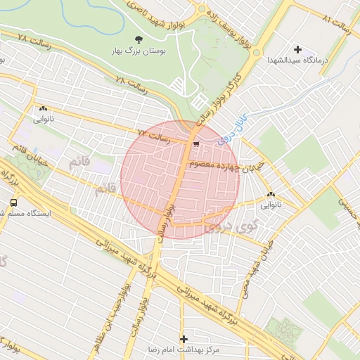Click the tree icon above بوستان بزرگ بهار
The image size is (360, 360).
click(x=137, y=39)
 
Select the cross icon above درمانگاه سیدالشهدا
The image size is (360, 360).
click(x=298, y=49)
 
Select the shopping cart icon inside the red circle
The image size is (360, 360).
click(x=195, y=144)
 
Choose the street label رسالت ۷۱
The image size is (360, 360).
click(x=154, y=134)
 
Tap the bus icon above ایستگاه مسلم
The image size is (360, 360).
click(x=13, y=202)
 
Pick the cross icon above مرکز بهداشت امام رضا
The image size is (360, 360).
click(x=184, y=338)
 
